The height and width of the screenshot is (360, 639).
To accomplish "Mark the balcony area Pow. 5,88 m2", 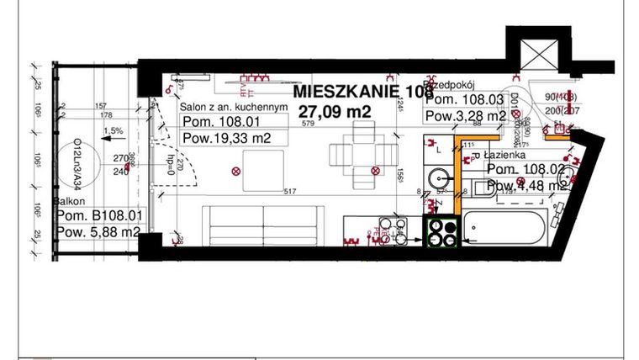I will (x=98, y=232).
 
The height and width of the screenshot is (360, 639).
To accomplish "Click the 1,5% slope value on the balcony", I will (x=114, y=131).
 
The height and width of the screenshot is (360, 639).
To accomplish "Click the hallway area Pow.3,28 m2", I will (x=465, y=116).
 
